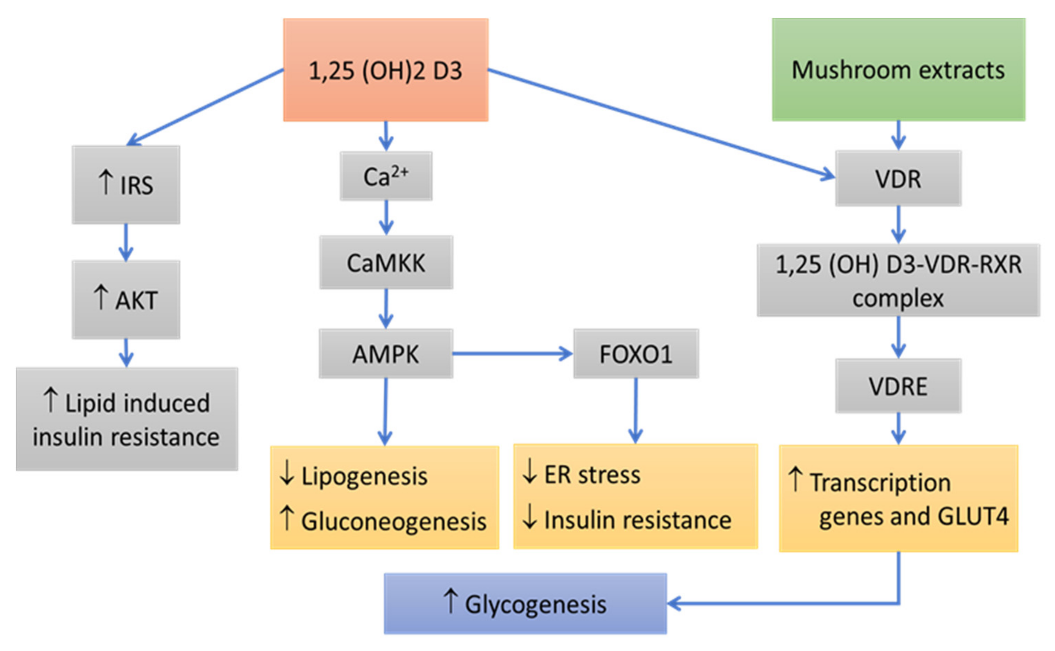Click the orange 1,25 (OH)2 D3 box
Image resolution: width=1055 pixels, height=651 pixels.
385,70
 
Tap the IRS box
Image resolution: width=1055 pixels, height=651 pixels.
126,184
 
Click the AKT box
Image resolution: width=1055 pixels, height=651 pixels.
126,299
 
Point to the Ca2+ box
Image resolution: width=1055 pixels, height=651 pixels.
386,176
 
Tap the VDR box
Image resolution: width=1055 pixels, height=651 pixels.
898,178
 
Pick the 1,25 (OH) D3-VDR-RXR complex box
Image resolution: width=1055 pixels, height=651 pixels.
898,280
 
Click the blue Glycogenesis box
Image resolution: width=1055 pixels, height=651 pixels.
525,603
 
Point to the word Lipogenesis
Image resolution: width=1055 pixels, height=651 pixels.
364,476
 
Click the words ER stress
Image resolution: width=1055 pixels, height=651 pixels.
592,474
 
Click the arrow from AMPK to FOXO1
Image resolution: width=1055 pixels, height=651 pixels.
512,353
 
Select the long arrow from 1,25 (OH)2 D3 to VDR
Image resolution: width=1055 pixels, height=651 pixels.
659,123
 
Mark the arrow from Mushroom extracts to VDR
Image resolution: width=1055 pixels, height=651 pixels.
898,135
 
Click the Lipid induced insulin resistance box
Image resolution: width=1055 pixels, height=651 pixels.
127,418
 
